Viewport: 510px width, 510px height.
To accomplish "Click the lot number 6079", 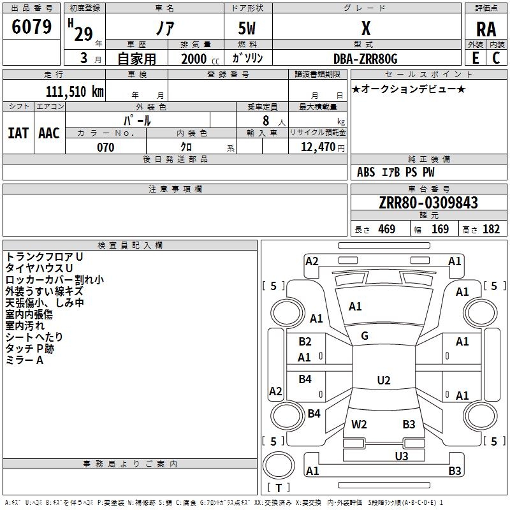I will coord(32,27).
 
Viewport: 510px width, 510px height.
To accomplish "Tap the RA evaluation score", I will coord(486,29).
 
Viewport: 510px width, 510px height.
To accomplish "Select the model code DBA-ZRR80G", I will coord(365,59).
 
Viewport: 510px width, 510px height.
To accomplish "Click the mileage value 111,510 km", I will coord(75,91).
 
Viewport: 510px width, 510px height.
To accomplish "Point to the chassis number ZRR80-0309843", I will coord(428,203).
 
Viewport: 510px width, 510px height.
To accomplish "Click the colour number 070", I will coord(105,147).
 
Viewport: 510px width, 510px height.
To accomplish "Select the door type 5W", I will coord(247,29).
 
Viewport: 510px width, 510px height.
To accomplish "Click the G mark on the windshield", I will coord(364,336).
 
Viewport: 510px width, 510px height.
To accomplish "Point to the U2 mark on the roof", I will coord(383,381).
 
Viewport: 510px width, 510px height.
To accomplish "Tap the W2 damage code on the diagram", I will coord(359,424).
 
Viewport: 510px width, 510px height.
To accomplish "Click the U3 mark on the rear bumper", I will coord(401,456).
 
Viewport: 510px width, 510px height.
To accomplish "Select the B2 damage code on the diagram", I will coord(305,342).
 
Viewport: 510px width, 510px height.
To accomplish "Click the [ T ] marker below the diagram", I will coord(279,488).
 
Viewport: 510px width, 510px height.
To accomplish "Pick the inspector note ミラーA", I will coord(24,360).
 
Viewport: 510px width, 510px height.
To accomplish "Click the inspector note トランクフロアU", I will coord(44,256).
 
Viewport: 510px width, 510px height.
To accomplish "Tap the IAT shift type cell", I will coord(18,133).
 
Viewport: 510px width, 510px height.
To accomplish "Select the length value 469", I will coord(386,229).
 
